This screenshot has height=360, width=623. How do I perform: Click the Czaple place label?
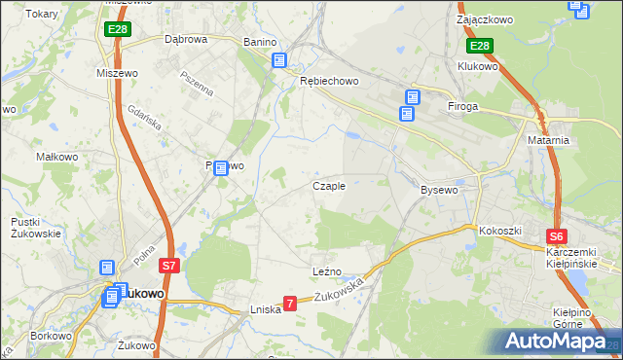tap(329, 186)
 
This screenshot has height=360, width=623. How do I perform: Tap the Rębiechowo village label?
tap(325, 82)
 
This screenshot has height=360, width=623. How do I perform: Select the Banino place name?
tap(260, 43)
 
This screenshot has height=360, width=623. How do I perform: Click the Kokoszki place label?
tap(500, 231)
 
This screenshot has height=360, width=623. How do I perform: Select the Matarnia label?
tap(550, 140)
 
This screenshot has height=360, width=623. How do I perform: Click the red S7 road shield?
tap(168, 265)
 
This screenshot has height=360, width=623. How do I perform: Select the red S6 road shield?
tap(556, 235)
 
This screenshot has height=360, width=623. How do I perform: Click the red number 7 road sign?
tap(289, 304)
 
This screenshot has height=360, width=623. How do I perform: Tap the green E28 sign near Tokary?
tap(118, 30)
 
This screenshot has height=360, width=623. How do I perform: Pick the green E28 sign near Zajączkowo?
tap(479, 46)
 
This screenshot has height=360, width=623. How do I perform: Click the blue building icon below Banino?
tap(279, 60)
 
